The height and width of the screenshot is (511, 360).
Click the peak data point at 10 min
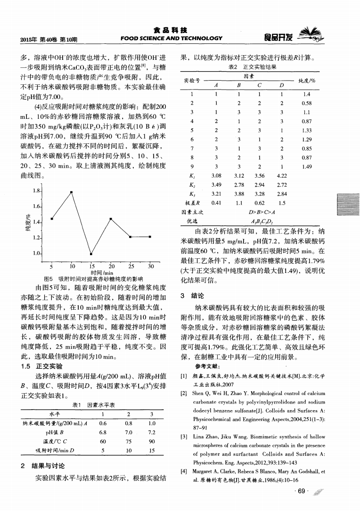[71, 192]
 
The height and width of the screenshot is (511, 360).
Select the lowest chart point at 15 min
[90, 254]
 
